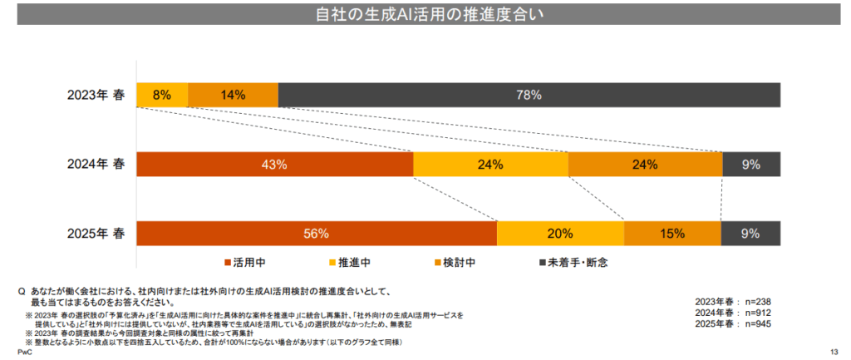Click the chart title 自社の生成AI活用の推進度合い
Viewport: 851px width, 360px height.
coord(425,14)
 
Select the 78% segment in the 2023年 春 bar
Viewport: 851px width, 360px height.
coord(529,96)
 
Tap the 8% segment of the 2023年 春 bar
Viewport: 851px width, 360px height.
coord(162,96)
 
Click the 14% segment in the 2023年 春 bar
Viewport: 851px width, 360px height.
coord(233,96)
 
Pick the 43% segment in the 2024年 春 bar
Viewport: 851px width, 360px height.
coord(274,165)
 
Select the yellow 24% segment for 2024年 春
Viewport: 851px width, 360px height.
coord(490,165)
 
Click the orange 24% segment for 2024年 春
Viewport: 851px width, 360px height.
coord(645,165)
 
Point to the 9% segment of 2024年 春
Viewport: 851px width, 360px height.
coord(751,165)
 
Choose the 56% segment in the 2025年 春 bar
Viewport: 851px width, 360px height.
coord(317,234)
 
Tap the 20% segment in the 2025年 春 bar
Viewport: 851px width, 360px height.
coord(560,234)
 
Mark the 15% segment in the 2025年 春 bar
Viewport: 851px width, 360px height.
coord(672,234)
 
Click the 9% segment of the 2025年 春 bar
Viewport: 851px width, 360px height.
coord(750,234)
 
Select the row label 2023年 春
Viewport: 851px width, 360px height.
coord(96,96)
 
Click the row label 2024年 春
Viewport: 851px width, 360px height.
coord(96,165)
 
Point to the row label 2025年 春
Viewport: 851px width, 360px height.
coord(96,234)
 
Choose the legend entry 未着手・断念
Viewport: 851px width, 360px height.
coord(574,263)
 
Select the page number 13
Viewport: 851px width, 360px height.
coord(835,353)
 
